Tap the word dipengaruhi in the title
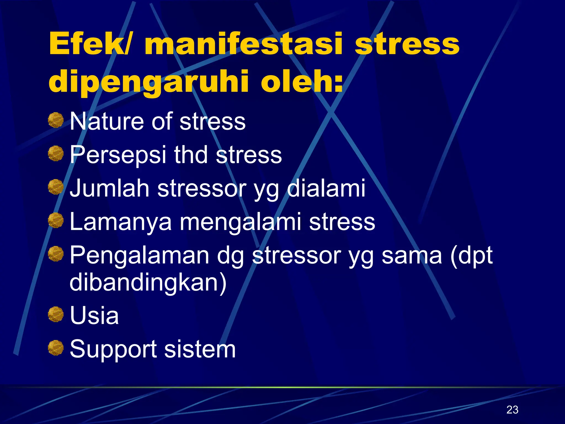coord(149,82)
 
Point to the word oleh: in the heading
coord(302,81)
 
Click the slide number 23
coord(512,410)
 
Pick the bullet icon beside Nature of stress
coord(56,120)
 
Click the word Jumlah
coord(110,188)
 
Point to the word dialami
coord(326,188)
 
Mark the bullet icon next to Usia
coord(56,315)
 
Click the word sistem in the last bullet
coord(200,349)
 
